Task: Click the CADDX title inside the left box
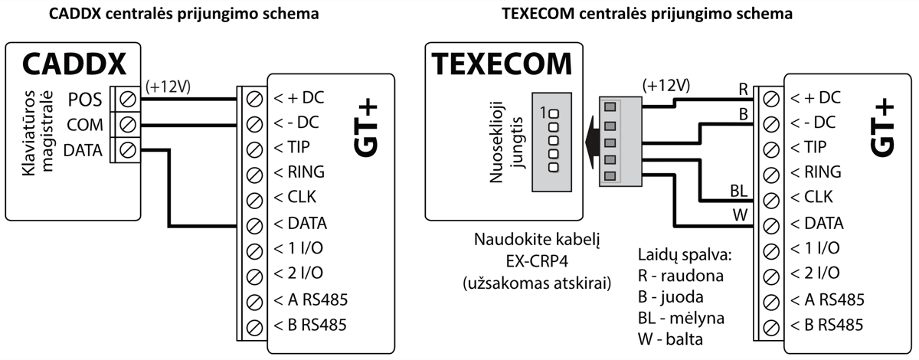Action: point(73,65)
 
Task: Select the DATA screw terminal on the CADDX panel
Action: point(129,150)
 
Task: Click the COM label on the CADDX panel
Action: point(84,125)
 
